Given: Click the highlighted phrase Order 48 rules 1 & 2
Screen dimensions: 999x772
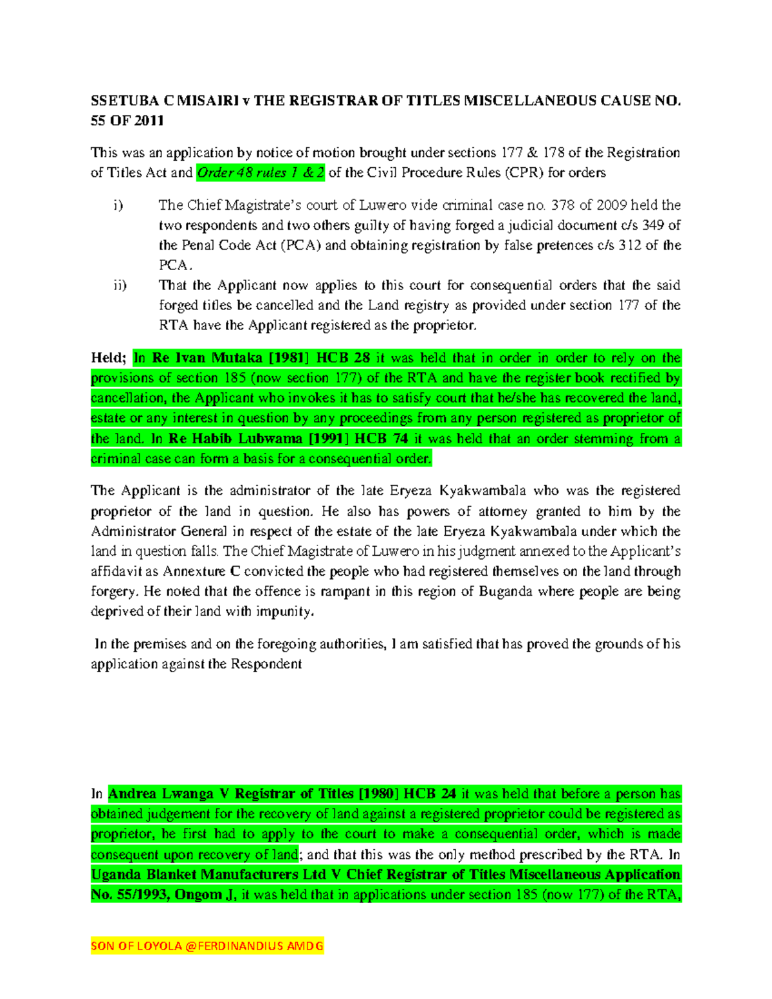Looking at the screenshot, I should (261, 172).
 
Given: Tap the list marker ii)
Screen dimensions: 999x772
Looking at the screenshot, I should (120, 285).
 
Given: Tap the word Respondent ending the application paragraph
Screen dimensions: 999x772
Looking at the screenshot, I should (266, 664).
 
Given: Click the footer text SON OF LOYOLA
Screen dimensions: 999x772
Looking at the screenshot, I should (136, 946).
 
